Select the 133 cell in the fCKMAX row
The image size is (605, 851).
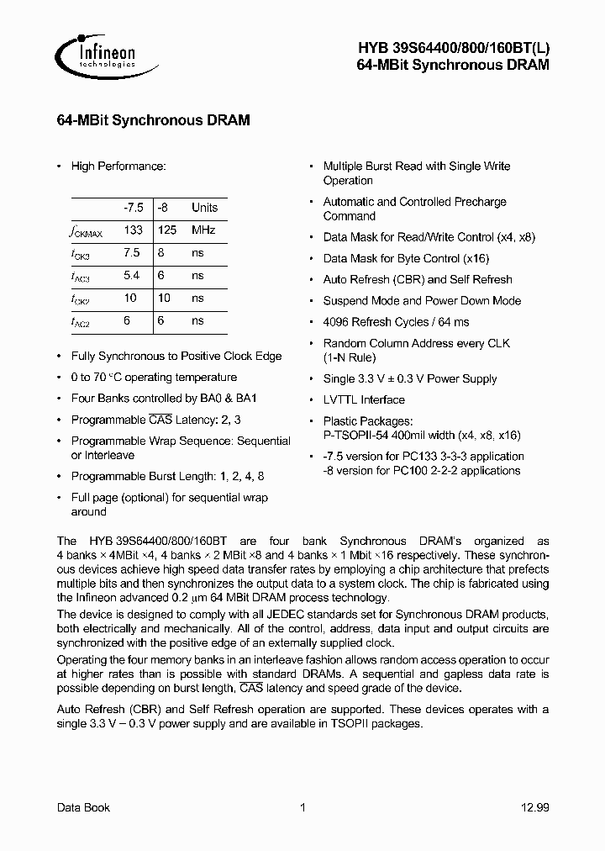click(x=133, y=230)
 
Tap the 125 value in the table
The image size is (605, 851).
click(x=169, y=230)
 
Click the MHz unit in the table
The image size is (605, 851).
click(x=203, y=230)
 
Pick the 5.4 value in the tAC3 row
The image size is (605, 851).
click(x=133, y=276)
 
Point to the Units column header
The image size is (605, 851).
click(x=204, y=207)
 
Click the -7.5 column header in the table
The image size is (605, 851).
click(x=133, y=207)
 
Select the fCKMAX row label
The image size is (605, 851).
click(x=87, y=230)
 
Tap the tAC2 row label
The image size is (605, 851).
click(x=82, y=321)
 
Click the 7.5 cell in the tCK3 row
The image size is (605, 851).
click(x=133, y=252)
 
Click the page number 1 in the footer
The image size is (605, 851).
click(x=302, y=807)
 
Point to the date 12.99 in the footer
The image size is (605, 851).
click(x=534, y=807)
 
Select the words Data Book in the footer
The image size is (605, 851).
click(x=83, y=807)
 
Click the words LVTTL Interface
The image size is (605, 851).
click(x=364, y=400)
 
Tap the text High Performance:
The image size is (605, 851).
click(x=118, y=166)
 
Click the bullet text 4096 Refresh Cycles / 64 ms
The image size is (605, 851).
click(x=396, y=322)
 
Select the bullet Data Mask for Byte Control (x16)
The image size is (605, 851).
click(x=406, y=259)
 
